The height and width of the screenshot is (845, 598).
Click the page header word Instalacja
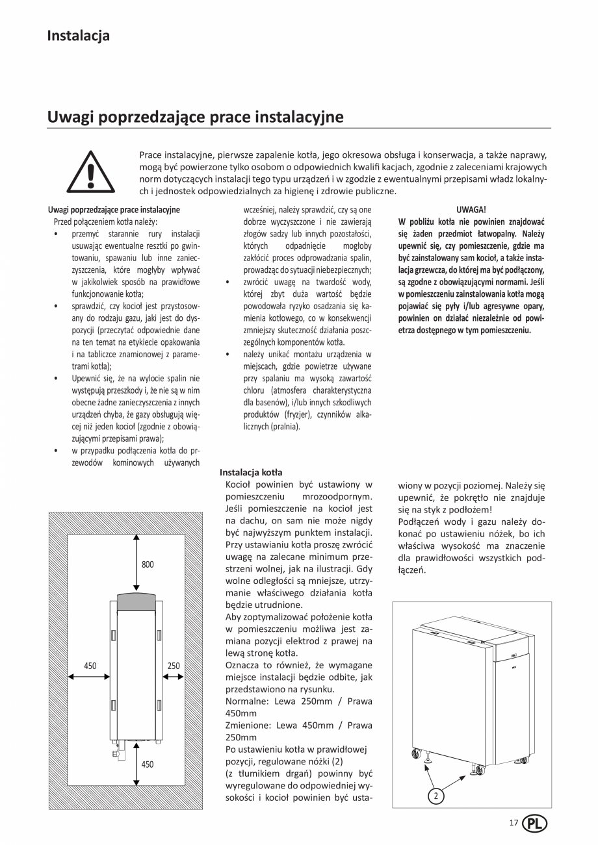[78, 36]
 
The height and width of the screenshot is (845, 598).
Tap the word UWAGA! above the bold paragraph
[471, 210]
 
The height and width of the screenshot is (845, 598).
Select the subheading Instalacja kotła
[251, 472]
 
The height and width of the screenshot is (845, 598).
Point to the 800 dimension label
[148, 564]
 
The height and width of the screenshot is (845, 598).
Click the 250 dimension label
[174, 666]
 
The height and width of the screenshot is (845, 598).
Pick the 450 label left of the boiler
[90, 666]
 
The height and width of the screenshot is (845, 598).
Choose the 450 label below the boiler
[148, 764]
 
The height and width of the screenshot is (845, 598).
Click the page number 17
[513, 823]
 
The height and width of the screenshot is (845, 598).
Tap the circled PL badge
[534, 824]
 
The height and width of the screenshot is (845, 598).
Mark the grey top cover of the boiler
[136, 601]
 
